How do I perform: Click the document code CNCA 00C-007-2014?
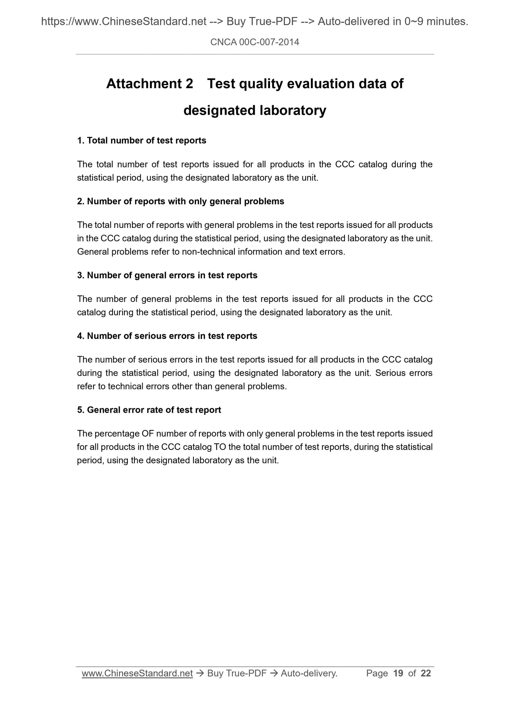pos(254,43)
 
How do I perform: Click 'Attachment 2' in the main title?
pos(150,84)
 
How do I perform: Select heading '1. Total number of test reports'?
pos(142,141)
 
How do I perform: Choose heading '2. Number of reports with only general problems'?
pos(180,201)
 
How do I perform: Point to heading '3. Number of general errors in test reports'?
pos(167,275)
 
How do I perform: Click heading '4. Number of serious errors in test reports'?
pos(167,336)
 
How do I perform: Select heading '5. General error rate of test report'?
pos(149,410)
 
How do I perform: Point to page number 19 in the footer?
pos(398,673)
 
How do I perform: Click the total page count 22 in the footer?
pos(426,673)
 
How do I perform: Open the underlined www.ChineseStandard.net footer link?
pos(137,673)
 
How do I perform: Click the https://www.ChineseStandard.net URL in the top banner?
pos(124,22)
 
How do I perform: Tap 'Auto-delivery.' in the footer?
pos(309,673)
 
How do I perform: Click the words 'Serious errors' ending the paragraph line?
pos(404,373)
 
